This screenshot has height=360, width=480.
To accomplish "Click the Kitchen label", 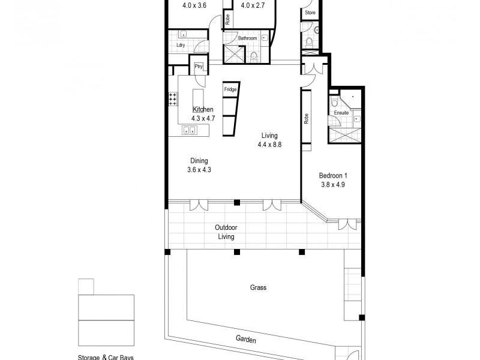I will click(x=203, y=109).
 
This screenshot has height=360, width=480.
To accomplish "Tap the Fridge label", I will click(x=230, y=90).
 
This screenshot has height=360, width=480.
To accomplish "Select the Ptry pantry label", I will click(x=198, y=67).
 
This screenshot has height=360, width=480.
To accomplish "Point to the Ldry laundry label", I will click(x=180, y=46).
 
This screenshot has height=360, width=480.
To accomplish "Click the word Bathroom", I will click(x=247, y=38).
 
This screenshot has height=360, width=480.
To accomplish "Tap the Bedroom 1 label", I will click(x=332, y=176).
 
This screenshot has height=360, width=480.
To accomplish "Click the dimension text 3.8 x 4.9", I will click(x=332, y=185).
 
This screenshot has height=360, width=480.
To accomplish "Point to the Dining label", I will click(x=199, y=161).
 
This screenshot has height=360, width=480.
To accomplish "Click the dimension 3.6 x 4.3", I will click(x=199, y=170).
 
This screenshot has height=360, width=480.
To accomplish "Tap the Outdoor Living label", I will click(x=227, y=232).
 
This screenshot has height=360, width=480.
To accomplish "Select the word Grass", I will click(x=258, y=287).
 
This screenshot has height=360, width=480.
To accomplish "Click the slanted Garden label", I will click(x=245, y=340).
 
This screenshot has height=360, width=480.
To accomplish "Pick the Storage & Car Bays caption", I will click(x=106, y=358).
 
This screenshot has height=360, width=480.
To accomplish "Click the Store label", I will click(x=310, y=12).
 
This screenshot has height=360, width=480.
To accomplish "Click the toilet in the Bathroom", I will click(x=254, y=57).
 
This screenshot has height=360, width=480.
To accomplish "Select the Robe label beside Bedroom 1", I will click(x=306, y=119).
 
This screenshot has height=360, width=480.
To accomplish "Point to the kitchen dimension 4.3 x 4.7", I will click(x=203, y=118).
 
